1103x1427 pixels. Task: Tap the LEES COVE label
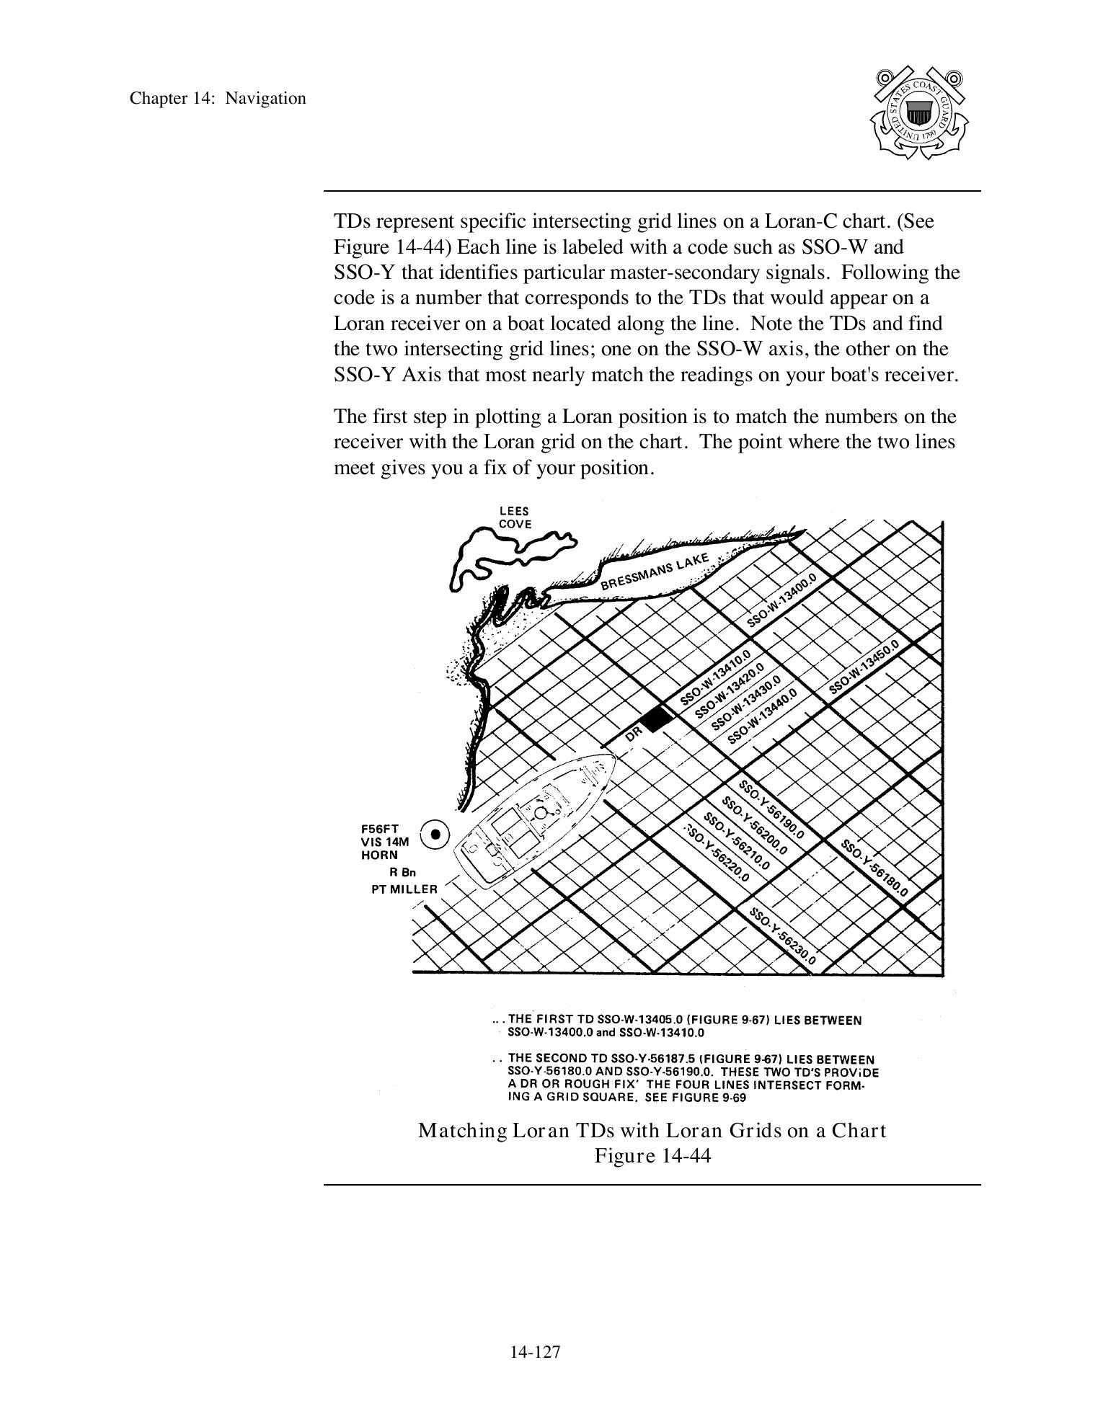click(x=515, y=517)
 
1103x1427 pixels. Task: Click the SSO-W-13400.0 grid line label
click(x=781, y=603)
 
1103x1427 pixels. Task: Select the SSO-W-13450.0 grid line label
click(x=864, y=667)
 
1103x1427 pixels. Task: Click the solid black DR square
click(x=656, y=718)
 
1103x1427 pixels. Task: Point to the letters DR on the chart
click(x=634, y=734)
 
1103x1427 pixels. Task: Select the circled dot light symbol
click(x=435, y=835)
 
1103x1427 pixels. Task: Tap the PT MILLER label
click(x=404, y=889)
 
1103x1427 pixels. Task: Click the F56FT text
click(x=380, y=829)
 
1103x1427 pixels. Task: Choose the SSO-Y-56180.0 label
click(x=874, y=868)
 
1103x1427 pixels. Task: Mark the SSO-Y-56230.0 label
click(x=783, y=936)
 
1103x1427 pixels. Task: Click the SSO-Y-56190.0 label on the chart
click(x=771, y=811)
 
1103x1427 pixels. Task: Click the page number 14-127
click(x=535, y=1352)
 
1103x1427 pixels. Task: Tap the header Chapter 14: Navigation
click(x=218, y=99)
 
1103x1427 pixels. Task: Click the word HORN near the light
click(x=379, y=855)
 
